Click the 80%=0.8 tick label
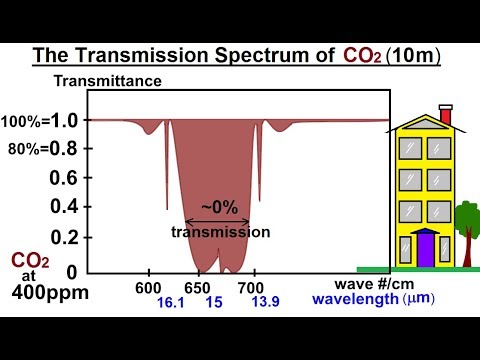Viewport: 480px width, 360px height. pos(47,148)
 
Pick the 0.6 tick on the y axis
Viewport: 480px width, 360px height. pos(65,177)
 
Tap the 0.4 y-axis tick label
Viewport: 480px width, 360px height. pos(65,206)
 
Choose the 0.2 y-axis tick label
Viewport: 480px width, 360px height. pos(65,237)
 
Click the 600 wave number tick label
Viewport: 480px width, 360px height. pos(149,286)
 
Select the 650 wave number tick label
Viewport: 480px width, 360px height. pos(199,286)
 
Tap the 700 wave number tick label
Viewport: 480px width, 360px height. pos(253,286)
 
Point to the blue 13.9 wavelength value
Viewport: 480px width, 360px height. pos(265,301)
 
